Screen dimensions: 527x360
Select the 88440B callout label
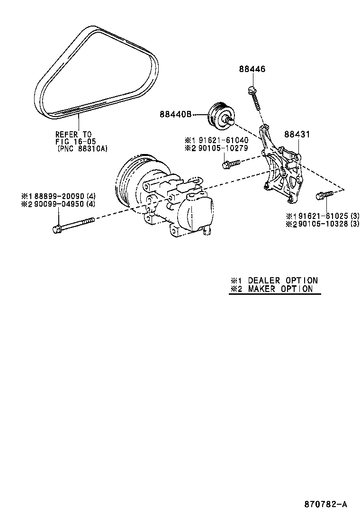point(175,114)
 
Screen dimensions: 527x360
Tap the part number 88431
point(297,135)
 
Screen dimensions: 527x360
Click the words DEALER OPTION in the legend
point(282,281)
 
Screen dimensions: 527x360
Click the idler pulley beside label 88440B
point(219,115)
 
